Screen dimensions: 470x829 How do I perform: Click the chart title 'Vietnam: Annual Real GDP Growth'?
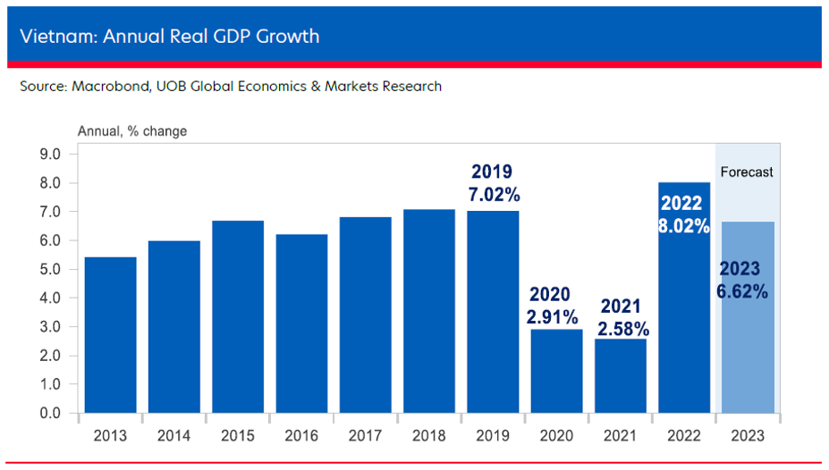169,37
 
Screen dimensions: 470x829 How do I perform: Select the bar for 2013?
110,335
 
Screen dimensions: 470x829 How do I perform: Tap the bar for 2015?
238,316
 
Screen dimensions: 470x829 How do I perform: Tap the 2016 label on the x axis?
301,436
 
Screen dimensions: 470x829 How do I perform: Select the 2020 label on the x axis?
555,436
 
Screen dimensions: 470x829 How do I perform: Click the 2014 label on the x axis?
173,436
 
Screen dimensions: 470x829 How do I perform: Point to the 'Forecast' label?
747,172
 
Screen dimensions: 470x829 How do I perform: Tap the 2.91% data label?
554,316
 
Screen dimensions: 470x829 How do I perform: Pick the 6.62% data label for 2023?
742,290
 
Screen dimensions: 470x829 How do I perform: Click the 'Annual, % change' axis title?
132,131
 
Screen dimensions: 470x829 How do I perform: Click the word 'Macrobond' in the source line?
103,87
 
